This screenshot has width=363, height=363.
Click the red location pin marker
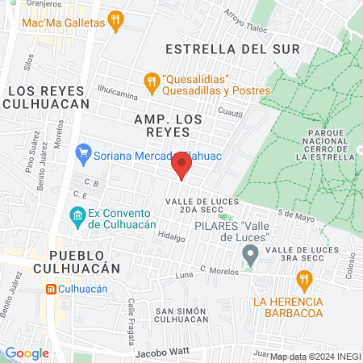point(181,167)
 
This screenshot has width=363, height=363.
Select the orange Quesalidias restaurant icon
point(150,81)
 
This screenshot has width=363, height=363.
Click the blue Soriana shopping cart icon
point(82,151)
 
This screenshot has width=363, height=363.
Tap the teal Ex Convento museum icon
point(77,216)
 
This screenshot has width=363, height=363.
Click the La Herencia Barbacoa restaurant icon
point(304,281)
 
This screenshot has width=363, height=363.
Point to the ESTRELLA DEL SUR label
point(232,49)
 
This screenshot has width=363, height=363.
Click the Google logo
point(27,353)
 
